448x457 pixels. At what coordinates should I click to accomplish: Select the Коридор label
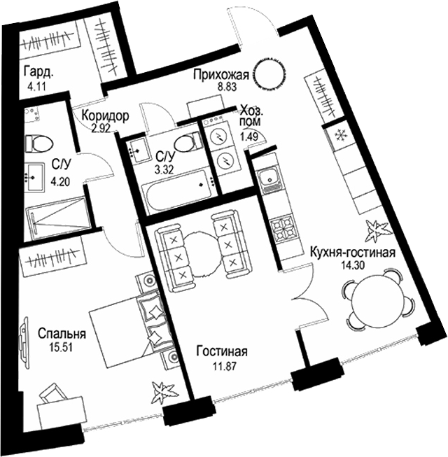point(104,116)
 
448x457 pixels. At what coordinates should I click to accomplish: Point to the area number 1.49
point(249,136)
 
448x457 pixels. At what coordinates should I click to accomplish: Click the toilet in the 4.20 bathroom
point(38,143)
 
